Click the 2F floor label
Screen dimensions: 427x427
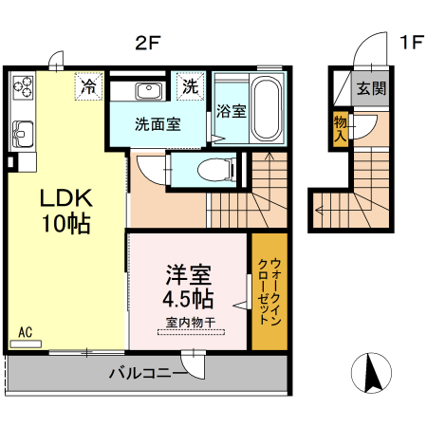coord(146,43)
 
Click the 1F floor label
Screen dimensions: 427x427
coord(411,43)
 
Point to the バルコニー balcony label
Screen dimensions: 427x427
coord(146,374)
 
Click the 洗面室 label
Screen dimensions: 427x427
coord(157,123)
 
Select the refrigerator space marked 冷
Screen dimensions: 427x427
coord(89,87)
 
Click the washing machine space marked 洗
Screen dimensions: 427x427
coord(191,86)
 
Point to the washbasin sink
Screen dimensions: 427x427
coord(149,91)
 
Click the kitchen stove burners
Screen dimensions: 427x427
coord(22,91)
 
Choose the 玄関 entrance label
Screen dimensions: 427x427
coord(371,89)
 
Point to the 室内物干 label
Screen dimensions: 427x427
coord(190,324)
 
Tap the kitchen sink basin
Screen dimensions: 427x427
coord(22,131)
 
